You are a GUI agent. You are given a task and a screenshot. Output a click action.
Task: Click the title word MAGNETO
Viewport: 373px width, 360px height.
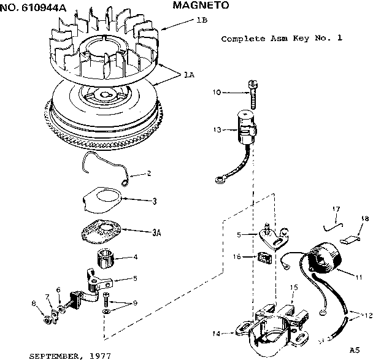[x=201, y=6]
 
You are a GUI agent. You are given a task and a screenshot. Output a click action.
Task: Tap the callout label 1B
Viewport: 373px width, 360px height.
[x=201, y=20]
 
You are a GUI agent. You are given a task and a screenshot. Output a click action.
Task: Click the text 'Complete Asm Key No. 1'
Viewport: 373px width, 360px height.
[x=281, y=38]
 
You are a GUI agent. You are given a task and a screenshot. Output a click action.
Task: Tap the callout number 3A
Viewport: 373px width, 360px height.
[x=156, y=232]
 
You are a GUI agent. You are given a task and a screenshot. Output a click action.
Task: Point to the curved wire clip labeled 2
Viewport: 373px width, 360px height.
[x=104, y=169]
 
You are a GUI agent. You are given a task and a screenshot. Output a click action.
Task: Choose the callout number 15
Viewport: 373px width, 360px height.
[x=294, y=287]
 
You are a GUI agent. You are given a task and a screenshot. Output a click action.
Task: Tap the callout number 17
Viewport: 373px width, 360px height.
[x=336, y=210]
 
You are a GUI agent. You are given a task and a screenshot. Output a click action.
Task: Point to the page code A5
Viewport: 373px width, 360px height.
[x=354, y=350]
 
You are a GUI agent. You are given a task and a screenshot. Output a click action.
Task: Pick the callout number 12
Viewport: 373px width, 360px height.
[x=366, y=315]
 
